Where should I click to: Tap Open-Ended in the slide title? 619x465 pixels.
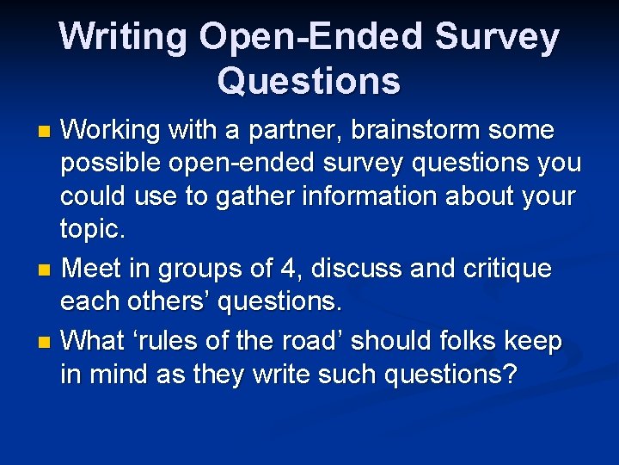click(311, 37)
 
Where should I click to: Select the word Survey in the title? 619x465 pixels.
click(498, 37)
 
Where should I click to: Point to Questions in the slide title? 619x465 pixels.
click(309, 81)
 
